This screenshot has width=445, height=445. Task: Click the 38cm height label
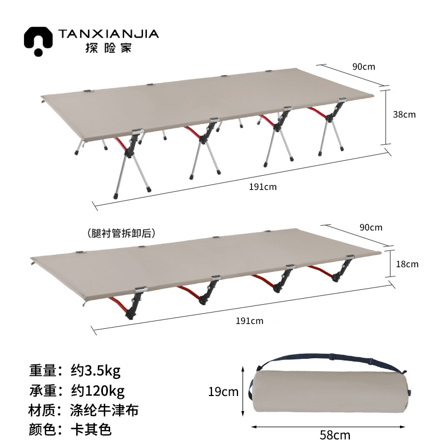[404, 115]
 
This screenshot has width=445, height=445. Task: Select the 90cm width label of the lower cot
[370, 227]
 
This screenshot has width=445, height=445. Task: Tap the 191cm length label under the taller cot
[263, 187]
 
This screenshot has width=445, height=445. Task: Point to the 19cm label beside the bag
[223, 392]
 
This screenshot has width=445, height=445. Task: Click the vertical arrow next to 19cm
[244, 392]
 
